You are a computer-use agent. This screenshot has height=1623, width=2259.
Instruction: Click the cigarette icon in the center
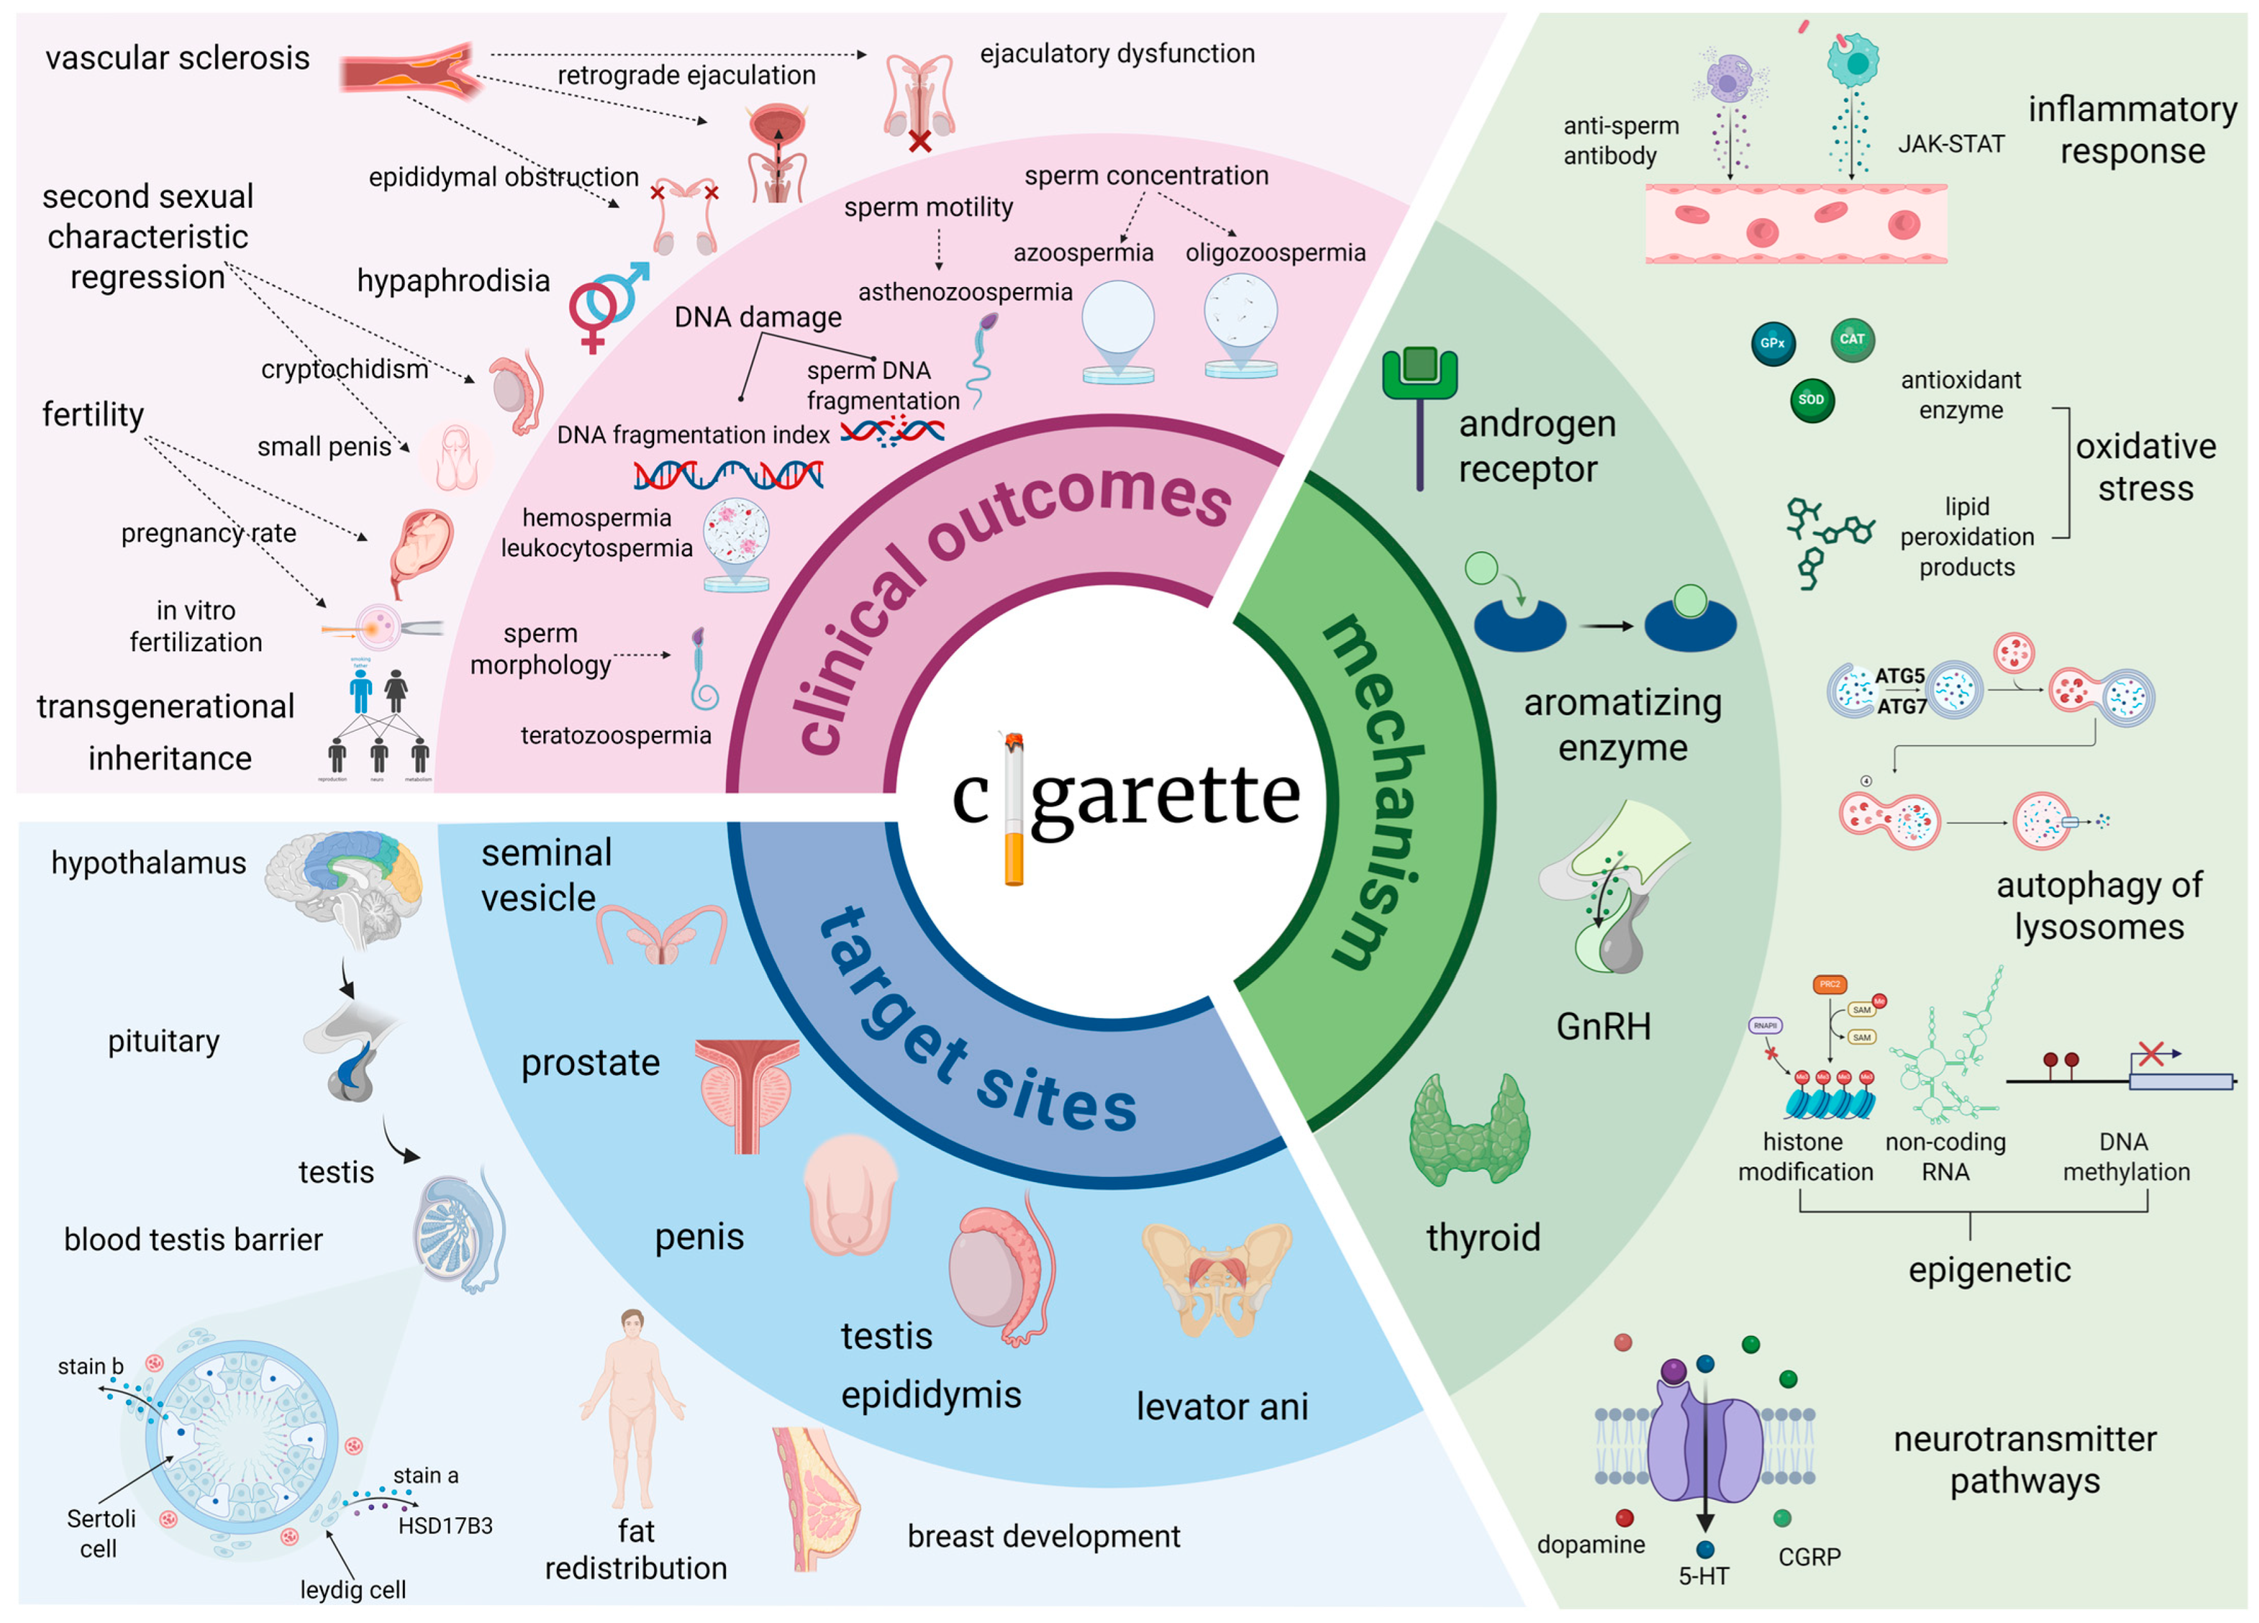tap(1014, 809)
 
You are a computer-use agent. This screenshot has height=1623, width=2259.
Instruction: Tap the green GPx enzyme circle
tap(1773, 344)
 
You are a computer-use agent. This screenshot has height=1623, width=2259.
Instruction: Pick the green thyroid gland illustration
tap(1469, 1131)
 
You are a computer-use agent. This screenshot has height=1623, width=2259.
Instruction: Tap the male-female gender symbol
tap(605, 304)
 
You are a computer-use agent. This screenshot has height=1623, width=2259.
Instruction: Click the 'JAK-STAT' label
tap(1950, 144)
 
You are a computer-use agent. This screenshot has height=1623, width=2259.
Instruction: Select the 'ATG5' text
tap(1900, 676)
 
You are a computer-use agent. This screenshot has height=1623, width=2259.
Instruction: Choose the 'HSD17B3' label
tap(445, 1526)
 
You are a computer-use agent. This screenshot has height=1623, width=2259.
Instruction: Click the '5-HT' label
tap(1704, 1576)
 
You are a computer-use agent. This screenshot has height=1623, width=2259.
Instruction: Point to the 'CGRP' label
tap(1809, 1556)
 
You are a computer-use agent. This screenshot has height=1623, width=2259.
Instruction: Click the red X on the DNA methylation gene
tap(2151, 1053)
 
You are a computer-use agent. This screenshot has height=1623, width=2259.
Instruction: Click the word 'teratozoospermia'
tap(616, 735)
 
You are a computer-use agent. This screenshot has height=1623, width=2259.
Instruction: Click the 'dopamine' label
tap(1591, 1544)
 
